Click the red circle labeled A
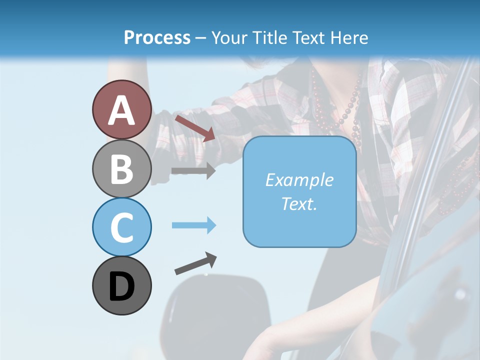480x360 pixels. [121, 109]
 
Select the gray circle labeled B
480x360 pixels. [121, 168]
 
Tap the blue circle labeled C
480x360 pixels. [121, 227]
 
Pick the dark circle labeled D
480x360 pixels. [121, 285]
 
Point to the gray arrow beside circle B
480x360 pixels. [193, 170]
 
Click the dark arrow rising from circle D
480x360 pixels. [195, 264]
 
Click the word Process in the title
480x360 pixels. [157, 37]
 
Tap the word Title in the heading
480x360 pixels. [269, 37]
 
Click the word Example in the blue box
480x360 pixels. [299, 180]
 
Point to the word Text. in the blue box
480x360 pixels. [299, 203]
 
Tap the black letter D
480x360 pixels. [121, 286]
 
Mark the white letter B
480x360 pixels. [121, 169]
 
